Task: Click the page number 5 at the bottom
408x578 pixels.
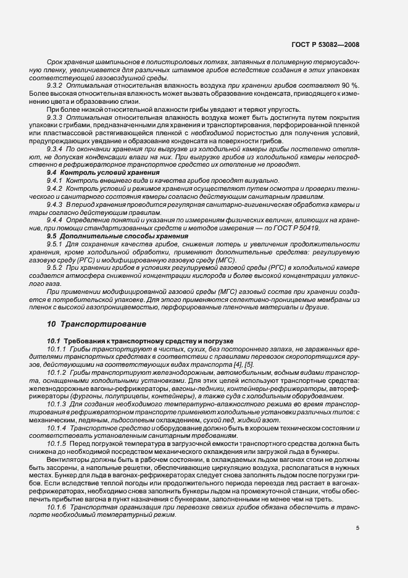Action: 357,529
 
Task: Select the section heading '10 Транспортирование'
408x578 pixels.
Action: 97,323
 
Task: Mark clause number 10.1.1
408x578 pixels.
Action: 57,349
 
